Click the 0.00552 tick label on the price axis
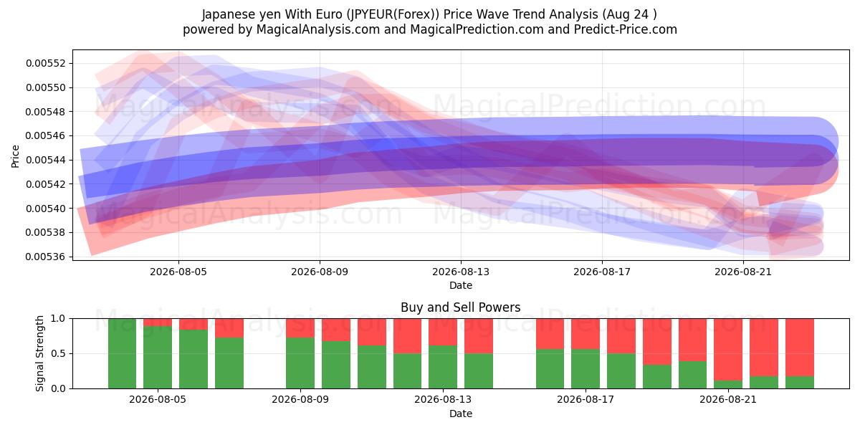pyautogui.click(x=44, y=63)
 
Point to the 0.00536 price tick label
pyautogui.click(x=44, y=257)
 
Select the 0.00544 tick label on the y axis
pyautogui.click(x=44, y=160)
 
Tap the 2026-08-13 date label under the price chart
pyautogui.click(x=461, y=272)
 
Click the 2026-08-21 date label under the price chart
pyautogui.click(x=743, y=272)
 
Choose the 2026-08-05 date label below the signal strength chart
pyautogui.click(x=158, y=399)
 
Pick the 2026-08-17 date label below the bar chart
pyautogui.click(x=585, y=399)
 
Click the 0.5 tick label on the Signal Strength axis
pyautogui.click(x=58, y=353)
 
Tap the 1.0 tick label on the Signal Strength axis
pyautogui.click(x=58, y=319)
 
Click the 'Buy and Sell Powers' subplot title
pyautogui.click(x=461, y=307)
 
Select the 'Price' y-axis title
pyautogui.click(x=15, y=156)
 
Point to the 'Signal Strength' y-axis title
pyautogui.click(x=39, y=353)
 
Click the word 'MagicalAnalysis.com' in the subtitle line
pyautogui.click(x=318, y=29)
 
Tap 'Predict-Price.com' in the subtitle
pyautogui.click(x=626, y=29)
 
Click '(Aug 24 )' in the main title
pyautogui.click(x=629, y=14)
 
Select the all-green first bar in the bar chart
pyautogui.click(x=122, y=353)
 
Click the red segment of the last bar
pyautogui.click(x=800, y=348)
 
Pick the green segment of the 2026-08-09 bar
pyautogui.click(x=300, y=363)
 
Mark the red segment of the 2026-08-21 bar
pyautogui.click(x=728, y=350)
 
